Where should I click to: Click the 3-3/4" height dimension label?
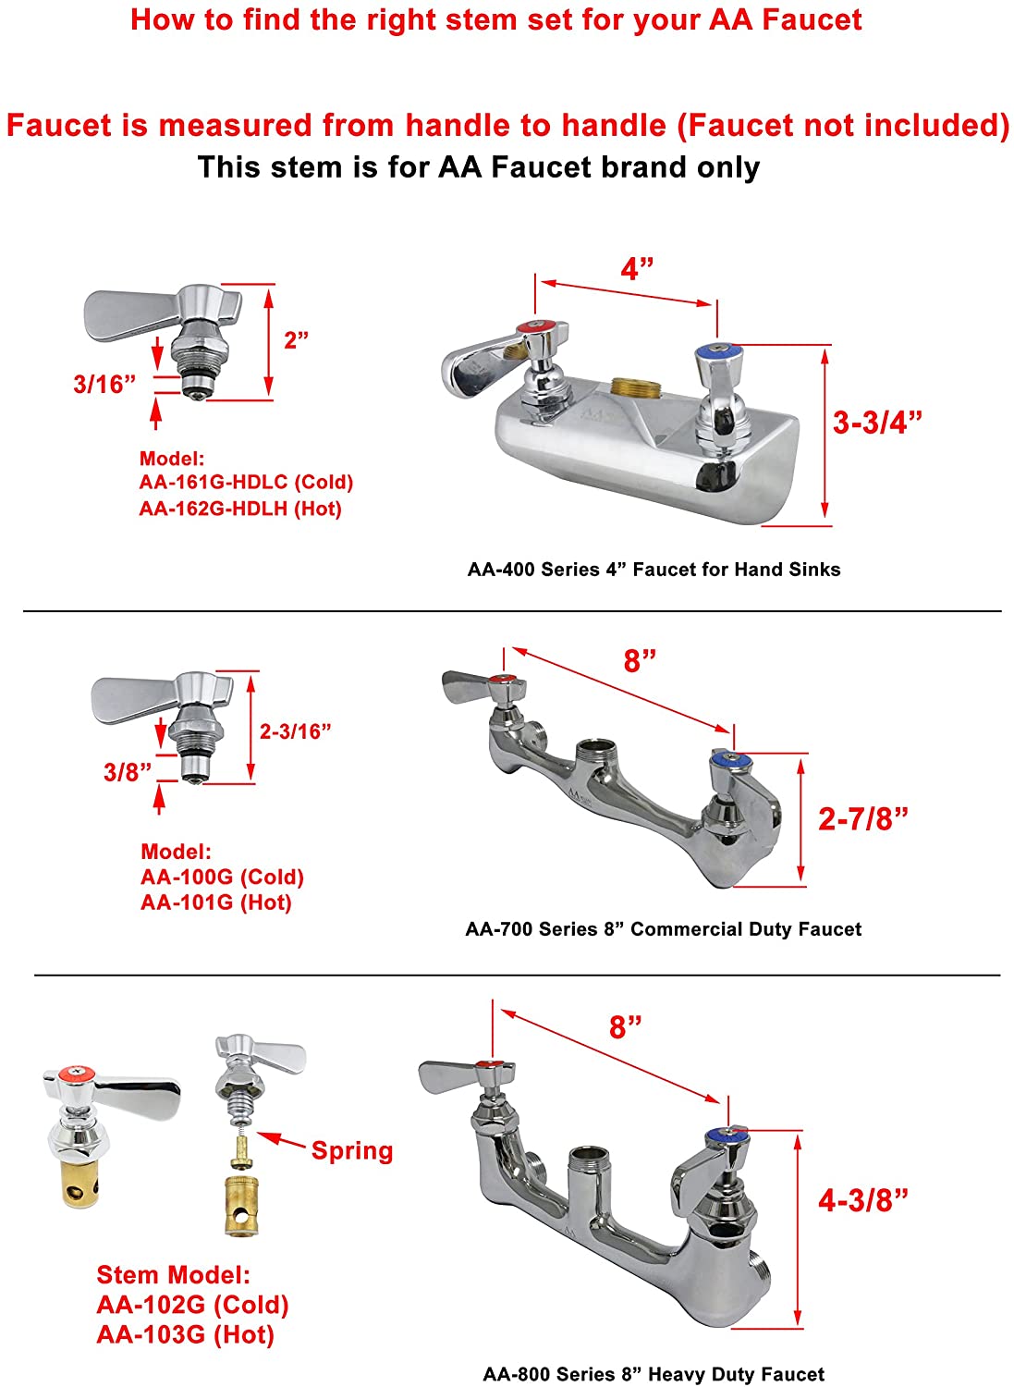point(876,423)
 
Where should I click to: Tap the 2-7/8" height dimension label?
point(862,818)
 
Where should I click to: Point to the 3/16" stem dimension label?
point(104,384)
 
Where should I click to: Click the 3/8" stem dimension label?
point(127,771)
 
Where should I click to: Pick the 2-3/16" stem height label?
point(295,731)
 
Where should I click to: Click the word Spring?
point(351,1150)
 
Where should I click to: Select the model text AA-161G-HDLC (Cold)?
point(246,482)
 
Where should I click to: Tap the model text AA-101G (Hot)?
point(215,902)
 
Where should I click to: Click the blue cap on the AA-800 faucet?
point(728,1133)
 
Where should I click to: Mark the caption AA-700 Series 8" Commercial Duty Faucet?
point(663,928)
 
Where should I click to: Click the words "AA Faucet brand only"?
point(599,167)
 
